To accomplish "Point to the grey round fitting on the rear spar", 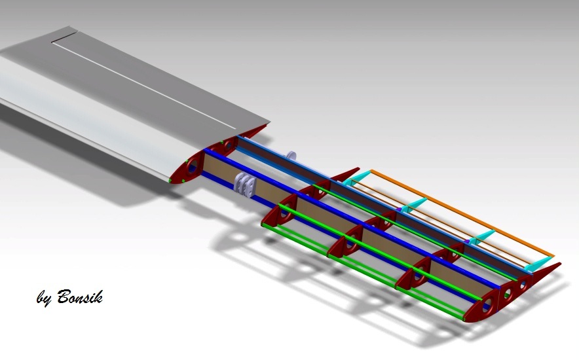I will click(x=291, y=155).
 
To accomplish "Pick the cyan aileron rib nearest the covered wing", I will click(x=357, y=179).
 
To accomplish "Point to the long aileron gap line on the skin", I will click(x=144, y=82).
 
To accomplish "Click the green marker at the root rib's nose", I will click(x=170, y=179).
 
